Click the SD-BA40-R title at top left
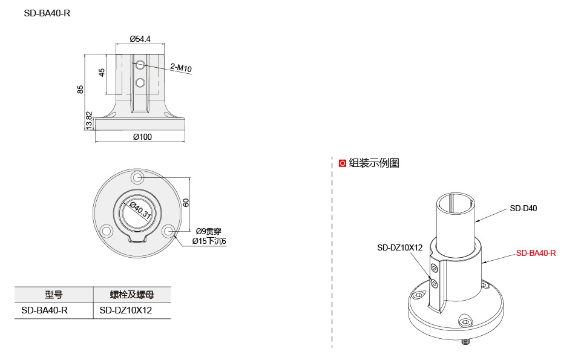[47, 13]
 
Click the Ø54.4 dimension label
[140, 39]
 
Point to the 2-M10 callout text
[181, 68]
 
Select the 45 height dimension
[102, 72]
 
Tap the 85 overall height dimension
[80, 89]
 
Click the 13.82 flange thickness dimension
[89, 120]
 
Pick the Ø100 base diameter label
[142, 137]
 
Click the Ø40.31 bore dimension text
[140, 209]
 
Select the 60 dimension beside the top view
[186, 203]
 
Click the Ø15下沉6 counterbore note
[209, 241]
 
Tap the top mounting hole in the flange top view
[138, 177]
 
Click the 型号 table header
[53, 295]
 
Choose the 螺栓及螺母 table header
[131, 295]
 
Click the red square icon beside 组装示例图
[343, 163]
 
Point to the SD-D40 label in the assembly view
[523, 208]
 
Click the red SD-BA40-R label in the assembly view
[536, 253]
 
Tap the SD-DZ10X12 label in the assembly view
[399, 247]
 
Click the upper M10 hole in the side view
[140, 64]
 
